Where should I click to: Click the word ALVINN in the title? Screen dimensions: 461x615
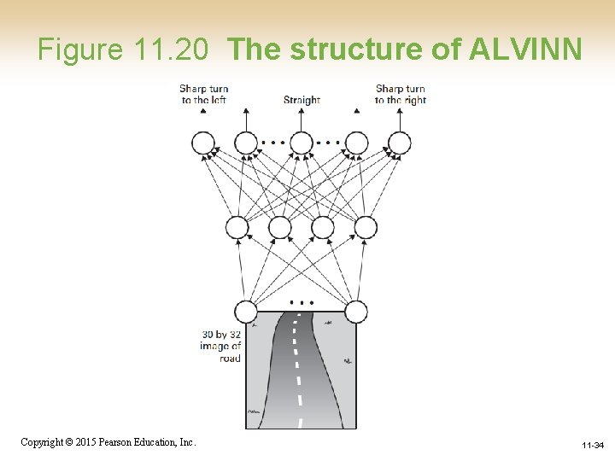pyautogui.click(x=526, y=50)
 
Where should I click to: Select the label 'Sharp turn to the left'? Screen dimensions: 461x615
pyautogui.click(x=203, y=94)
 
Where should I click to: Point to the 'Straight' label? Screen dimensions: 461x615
pyautogui.click(x=302, y=100)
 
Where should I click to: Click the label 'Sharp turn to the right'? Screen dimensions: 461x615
pyautogui.click(x=401, y=94)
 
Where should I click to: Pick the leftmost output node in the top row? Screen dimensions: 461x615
pyautogui.click(x=203, y=143)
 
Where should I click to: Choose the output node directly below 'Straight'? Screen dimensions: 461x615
pyautogui.click(x=302, y=143)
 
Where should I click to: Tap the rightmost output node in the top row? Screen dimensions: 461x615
pyautogui.click(x=399, y=143)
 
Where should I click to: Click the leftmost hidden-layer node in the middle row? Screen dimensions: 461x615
pyautogui.click(x=237, y=228)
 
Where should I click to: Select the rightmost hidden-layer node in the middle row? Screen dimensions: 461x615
pyautogui.click(x=366, y=228)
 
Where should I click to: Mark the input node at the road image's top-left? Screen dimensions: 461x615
pyautogui.click(x=246, y=312)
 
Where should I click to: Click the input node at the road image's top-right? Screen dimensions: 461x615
pyautogui.click(x=356, y=312)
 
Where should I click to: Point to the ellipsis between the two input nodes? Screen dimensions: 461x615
pyautogui.click(x=301, y=302)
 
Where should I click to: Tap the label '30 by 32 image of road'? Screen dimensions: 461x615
pyautogui.click(x=221, y=346)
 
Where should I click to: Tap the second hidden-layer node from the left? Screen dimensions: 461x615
pyautogui.click(x=279, y=228)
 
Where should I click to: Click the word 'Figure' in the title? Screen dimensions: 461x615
pyautogui.click(x=81, y=50)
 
